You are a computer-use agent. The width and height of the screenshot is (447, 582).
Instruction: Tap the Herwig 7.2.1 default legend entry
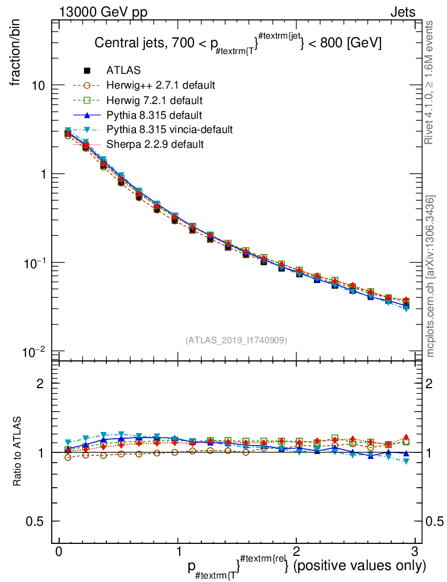coord(154,101)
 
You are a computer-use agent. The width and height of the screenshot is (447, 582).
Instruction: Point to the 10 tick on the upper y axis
coord(38,85)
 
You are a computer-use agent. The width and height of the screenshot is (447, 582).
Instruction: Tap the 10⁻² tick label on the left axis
coord(35,352)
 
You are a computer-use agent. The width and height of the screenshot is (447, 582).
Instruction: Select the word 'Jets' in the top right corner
coord(402,13)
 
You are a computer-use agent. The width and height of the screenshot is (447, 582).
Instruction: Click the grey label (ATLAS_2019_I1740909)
coord(236,340)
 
